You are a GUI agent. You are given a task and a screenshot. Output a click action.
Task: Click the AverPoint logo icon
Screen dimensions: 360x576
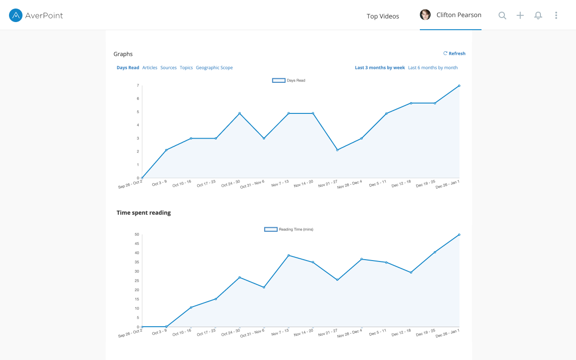point(16,16)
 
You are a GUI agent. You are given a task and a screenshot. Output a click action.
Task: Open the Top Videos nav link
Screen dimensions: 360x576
point(382,16)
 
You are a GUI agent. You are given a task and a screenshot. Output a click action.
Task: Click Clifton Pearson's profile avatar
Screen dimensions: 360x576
point(425,15)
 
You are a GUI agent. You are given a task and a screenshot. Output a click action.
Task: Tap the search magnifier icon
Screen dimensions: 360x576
point(502,16)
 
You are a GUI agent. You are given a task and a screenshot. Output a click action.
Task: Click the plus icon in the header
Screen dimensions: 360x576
point(520,16)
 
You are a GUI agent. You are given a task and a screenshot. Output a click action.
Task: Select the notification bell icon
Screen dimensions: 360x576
point(538,16)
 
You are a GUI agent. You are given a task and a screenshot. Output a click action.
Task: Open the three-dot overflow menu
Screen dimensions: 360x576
point(556,16)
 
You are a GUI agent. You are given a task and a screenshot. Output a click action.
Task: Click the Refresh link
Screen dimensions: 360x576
point(454,54)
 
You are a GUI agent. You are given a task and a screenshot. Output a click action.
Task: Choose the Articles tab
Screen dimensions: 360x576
point(150,68)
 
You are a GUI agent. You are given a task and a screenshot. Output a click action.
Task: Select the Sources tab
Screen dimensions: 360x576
point(168,68)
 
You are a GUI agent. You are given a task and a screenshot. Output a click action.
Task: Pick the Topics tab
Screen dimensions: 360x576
point(186,68)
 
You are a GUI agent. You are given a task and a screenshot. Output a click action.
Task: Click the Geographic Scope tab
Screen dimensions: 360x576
point(214,68)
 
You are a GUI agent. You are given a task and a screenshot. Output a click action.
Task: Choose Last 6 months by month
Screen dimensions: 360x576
point(433,68)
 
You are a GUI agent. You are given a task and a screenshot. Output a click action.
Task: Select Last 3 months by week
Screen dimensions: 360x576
point(380,68)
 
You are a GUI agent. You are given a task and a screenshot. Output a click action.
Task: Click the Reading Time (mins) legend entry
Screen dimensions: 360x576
point(288,229)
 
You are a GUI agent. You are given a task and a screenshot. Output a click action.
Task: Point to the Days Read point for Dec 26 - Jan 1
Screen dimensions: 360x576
point(459,85)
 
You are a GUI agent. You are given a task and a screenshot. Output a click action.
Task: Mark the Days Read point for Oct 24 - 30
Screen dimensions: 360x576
point(239,113)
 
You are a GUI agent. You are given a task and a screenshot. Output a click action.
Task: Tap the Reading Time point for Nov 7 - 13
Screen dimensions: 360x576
point(288,256)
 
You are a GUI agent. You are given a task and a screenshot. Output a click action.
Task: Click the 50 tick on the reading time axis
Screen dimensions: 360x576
point(137,234)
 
